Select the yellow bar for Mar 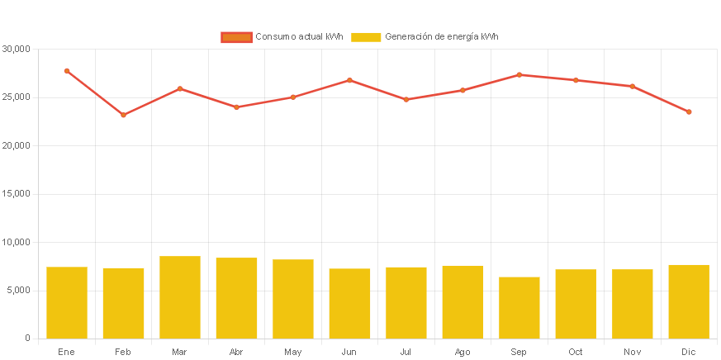(180, 297)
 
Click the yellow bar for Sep (519, 307)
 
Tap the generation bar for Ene (67, 302)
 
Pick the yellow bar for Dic (689, 301)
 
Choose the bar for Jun (349, 303)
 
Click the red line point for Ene (67, 71)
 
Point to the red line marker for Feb (123, 115)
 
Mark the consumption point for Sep (519, 75)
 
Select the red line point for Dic (689, 111)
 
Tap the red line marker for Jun (349, 80)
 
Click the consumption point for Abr (236, 107)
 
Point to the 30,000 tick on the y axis (17, 49)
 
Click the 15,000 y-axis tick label (17, 193)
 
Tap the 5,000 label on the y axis (19, 290)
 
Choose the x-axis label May (292, 353)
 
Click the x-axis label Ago (462, 353)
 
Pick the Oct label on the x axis (576, 353)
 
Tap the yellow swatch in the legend (366, 37)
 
